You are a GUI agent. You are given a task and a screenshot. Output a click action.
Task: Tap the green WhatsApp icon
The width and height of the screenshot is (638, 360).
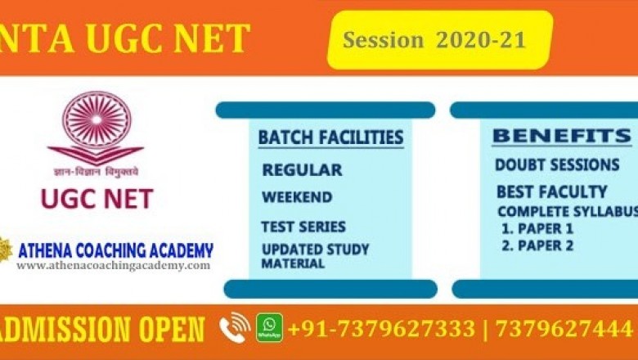(269, 328)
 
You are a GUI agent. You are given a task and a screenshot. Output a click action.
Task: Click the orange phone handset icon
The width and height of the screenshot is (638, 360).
(235, 328)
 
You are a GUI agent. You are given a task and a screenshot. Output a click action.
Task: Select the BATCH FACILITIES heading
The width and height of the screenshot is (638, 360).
(330, 137)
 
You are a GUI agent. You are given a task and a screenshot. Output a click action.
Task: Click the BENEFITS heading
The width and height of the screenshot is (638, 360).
(561, 136)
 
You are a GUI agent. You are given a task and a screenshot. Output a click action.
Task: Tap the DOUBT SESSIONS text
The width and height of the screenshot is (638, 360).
(557, 165)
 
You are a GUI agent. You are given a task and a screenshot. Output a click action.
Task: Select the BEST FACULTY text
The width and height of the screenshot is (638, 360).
(552, 192)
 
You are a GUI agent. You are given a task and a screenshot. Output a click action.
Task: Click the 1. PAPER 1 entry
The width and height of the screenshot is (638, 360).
(537, 228)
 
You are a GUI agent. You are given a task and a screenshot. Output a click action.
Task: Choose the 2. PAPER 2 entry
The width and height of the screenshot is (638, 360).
(537, 245)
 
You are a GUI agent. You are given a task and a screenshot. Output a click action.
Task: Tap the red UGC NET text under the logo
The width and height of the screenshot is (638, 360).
(97, 197)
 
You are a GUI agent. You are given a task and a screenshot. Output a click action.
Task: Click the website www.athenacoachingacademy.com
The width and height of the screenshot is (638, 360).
(113, 266)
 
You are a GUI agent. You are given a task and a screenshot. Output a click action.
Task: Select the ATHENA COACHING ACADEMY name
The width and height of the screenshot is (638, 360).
(115, 250)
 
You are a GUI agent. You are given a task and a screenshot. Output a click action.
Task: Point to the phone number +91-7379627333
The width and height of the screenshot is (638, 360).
(381, 329)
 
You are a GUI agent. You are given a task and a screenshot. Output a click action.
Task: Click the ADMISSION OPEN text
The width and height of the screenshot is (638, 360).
(102, 329)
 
